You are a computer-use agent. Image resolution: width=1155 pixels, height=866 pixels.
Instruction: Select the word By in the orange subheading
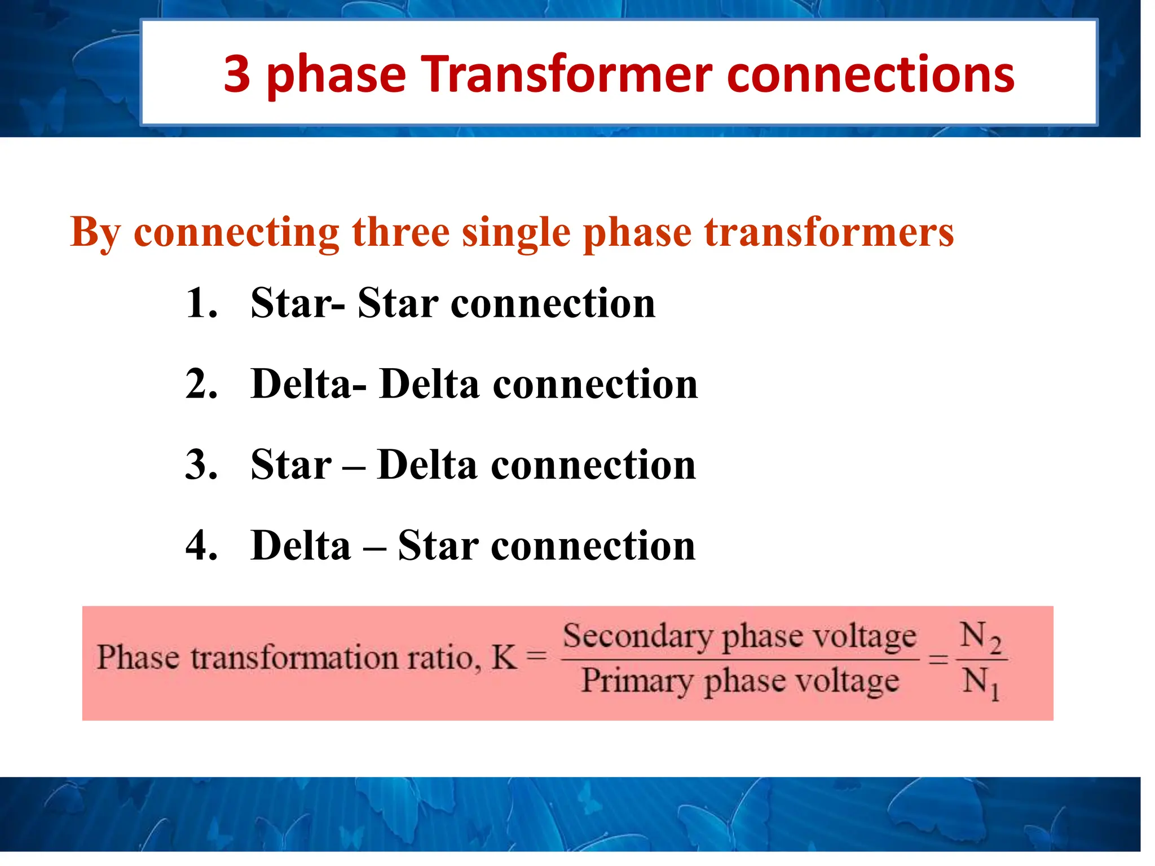(x=95, y=232)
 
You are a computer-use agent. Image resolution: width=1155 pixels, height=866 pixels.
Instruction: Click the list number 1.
(x=201, y=303)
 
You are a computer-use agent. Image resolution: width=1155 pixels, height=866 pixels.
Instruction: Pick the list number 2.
(x=201, y=384)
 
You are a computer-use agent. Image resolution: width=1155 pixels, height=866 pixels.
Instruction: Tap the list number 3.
(x=201, y=465)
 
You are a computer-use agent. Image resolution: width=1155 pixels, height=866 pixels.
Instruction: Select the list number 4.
(x=201, y=546)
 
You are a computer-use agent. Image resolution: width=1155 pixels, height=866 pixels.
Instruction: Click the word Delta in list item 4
(x=301, y=546)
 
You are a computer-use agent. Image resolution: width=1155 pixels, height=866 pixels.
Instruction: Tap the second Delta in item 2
(x=429, y=384)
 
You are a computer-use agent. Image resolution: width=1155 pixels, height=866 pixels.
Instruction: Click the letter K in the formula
(x=504, y=657)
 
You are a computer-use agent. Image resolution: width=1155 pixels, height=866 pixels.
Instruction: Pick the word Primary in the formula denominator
(x=637, y=681)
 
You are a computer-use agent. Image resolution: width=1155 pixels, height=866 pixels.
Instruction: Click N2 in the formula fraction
(x=980, y=637)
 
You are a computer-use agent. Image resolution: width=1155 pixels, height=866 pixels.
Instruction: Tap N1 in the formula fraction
(x=980, y=682)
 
